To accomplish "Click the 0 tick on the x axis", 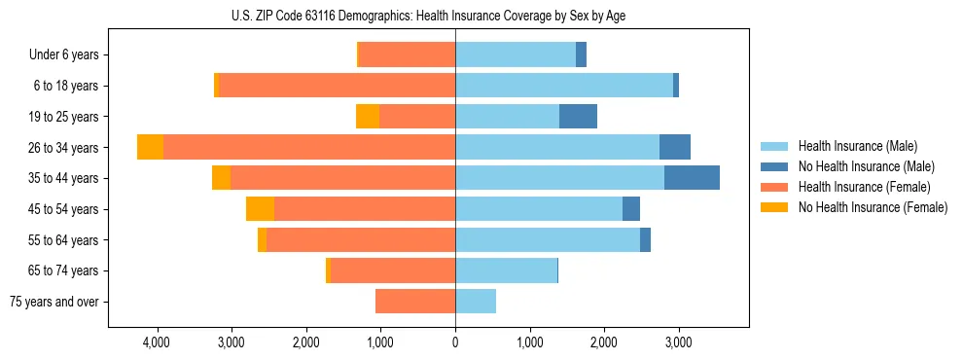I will (455, 343).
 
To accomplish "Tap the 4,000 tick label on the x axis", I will (157, 343).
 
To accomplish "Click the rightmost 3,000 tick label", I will (678, 343).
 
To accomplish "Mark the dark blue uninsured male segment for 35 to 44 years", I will (692, 178).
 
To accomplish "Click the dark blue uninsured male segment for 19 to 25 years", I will (578, 117).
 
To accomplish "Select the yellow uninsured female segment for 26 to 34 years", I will (150, 147).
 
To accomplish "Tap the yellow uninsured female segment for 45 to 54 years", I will (260, 209).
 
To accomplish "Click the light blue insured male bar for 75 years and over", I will (476, 302).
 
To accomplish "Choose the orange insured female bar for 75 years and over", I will (415, 302).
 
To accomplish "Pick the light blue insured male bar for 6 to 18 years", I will (564, 86).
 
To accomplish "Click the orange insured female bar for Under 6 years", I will (408, 55).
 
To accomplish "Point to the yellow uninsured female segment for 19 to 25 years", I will (368, 117).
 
